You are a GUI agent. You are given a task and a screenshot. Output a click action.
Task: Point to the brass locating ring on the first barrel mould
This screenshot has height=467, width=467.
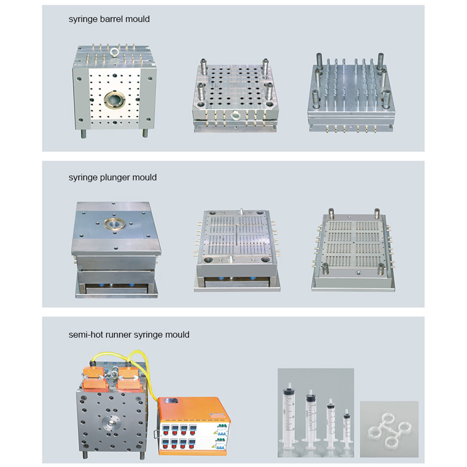click(x=113, y=101)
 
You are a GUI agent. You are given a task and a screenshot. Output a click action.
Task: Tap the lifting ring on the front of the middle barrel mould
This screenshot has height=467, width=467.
click(x=235, y=115)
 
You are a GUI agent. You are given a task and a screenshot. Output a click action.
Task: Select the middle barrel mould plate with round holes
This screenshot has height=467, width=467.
click(x=233, y=88)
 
